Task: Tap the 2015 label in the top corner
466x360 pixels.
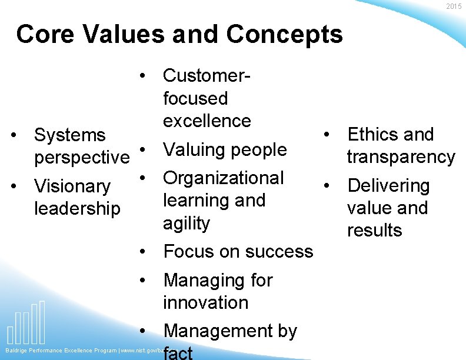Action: click(454, 6)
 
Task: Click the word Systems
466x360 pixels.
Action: click(70, 135)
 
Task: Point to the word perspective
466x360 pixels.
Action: click(82, 158)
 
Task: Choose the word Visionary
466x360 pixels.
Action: click(72, 186)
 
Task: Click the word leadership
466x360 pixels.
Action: click(77, 208)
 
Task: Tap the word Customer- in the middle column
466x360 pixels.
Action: click(207, 75)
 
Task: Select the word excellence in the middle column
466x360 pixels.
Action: click(207, 121)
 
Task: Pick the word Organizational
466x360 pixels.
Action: click(224, 178)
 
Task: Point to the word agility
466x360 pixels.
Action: click(187, 223)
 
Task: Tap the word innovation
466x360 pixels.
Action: click(206, 302)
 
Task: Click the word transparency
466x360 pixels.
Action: click(401, 157)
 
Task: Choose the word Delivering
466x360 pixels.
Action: click(388, 185)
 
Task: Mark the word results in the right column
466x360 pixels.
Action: click(374, 230)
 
